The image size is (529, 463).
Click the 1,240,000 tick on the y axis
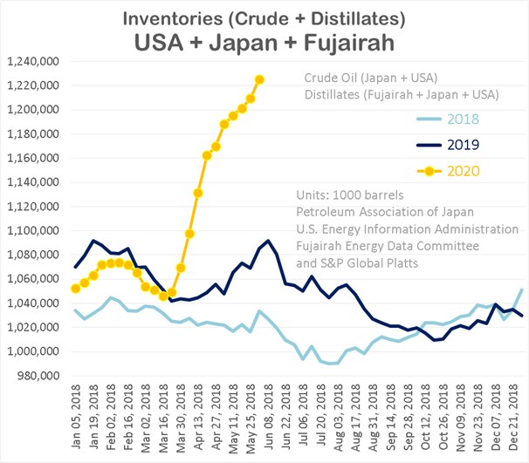click(31, 61)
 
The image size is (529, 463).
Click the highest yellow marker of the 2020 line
click(259, 79)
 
